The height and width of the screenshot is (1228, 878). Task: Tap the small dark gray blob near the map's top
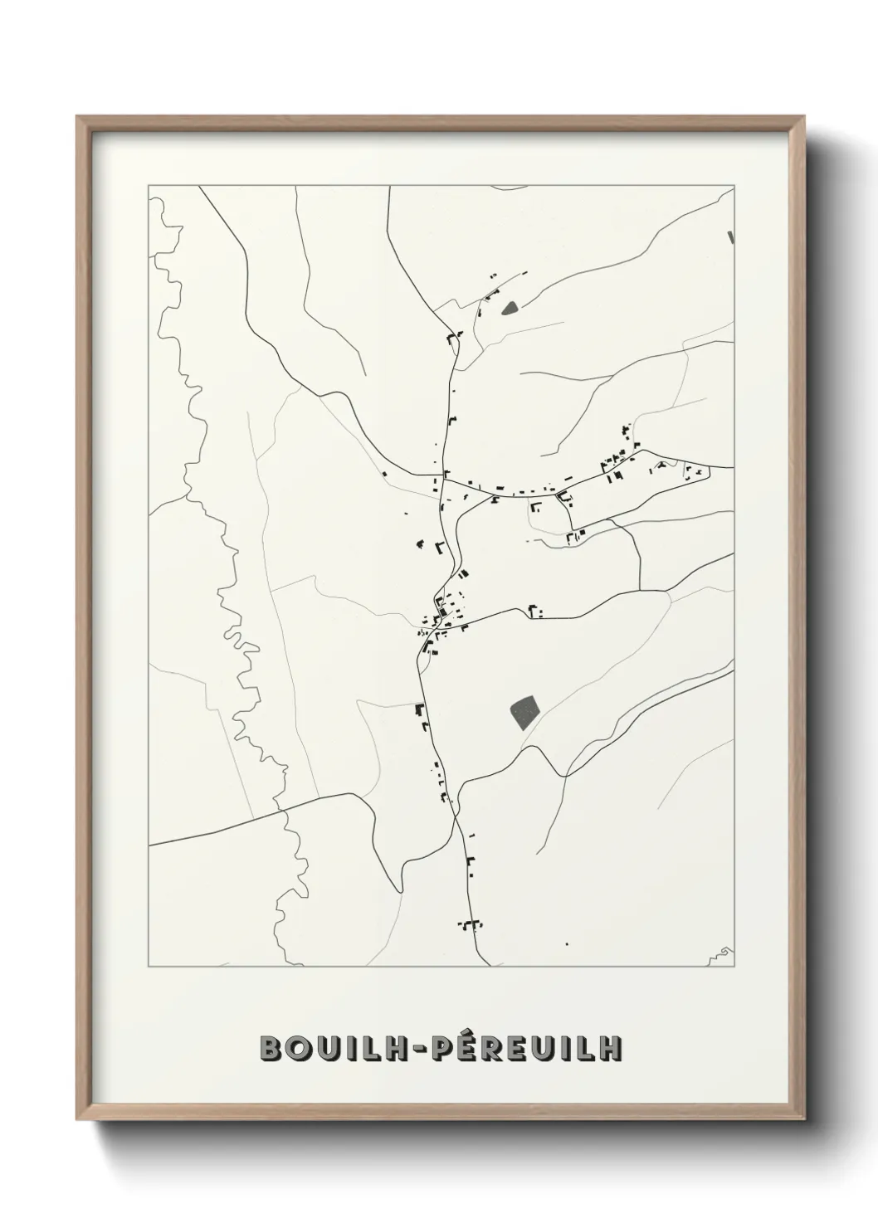509,309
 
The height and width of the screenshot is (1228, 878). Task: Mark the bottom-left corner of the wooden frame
78,1123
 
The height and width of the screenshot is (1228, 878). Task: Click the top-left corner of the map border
149,186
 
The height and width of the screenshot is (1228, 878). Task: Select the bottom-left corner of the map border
149,967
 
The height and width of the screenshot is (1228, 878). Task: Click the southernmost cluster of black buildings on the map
471,923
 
